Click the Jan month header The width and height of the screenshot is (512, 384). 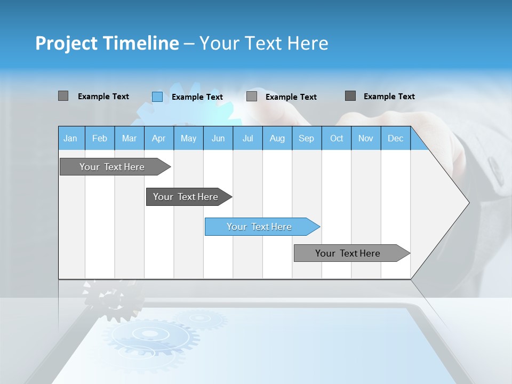click(x=70, y=138)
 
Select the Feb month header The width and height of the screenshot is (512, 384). click(x=100, y=138)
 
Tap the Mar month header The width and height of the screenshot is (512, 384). click(x=129, y=138)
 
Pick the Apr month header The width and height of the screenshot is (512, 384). click(x=158, y=138)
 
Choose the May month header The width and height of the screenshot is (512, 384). click(x=188, y=138)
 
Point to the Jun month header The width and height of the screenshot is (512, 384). click(x=218, y=138)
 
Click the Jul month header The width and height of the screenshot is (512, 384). click(x=247, y=138)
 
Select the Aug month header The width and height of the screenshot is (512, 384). click(x=277, y=138)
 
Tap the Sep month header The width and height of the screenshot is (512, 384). click(x=307, y=138)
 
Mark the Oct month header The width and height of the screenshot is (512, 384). click(x=337, y=138)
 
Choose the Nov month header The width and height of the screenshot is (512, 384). click(x=366, y=138)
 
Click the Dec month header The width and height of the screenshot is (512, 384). click(x=395, y=138)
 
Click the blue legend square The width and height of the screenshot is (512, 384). click(x=157, y=97)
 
